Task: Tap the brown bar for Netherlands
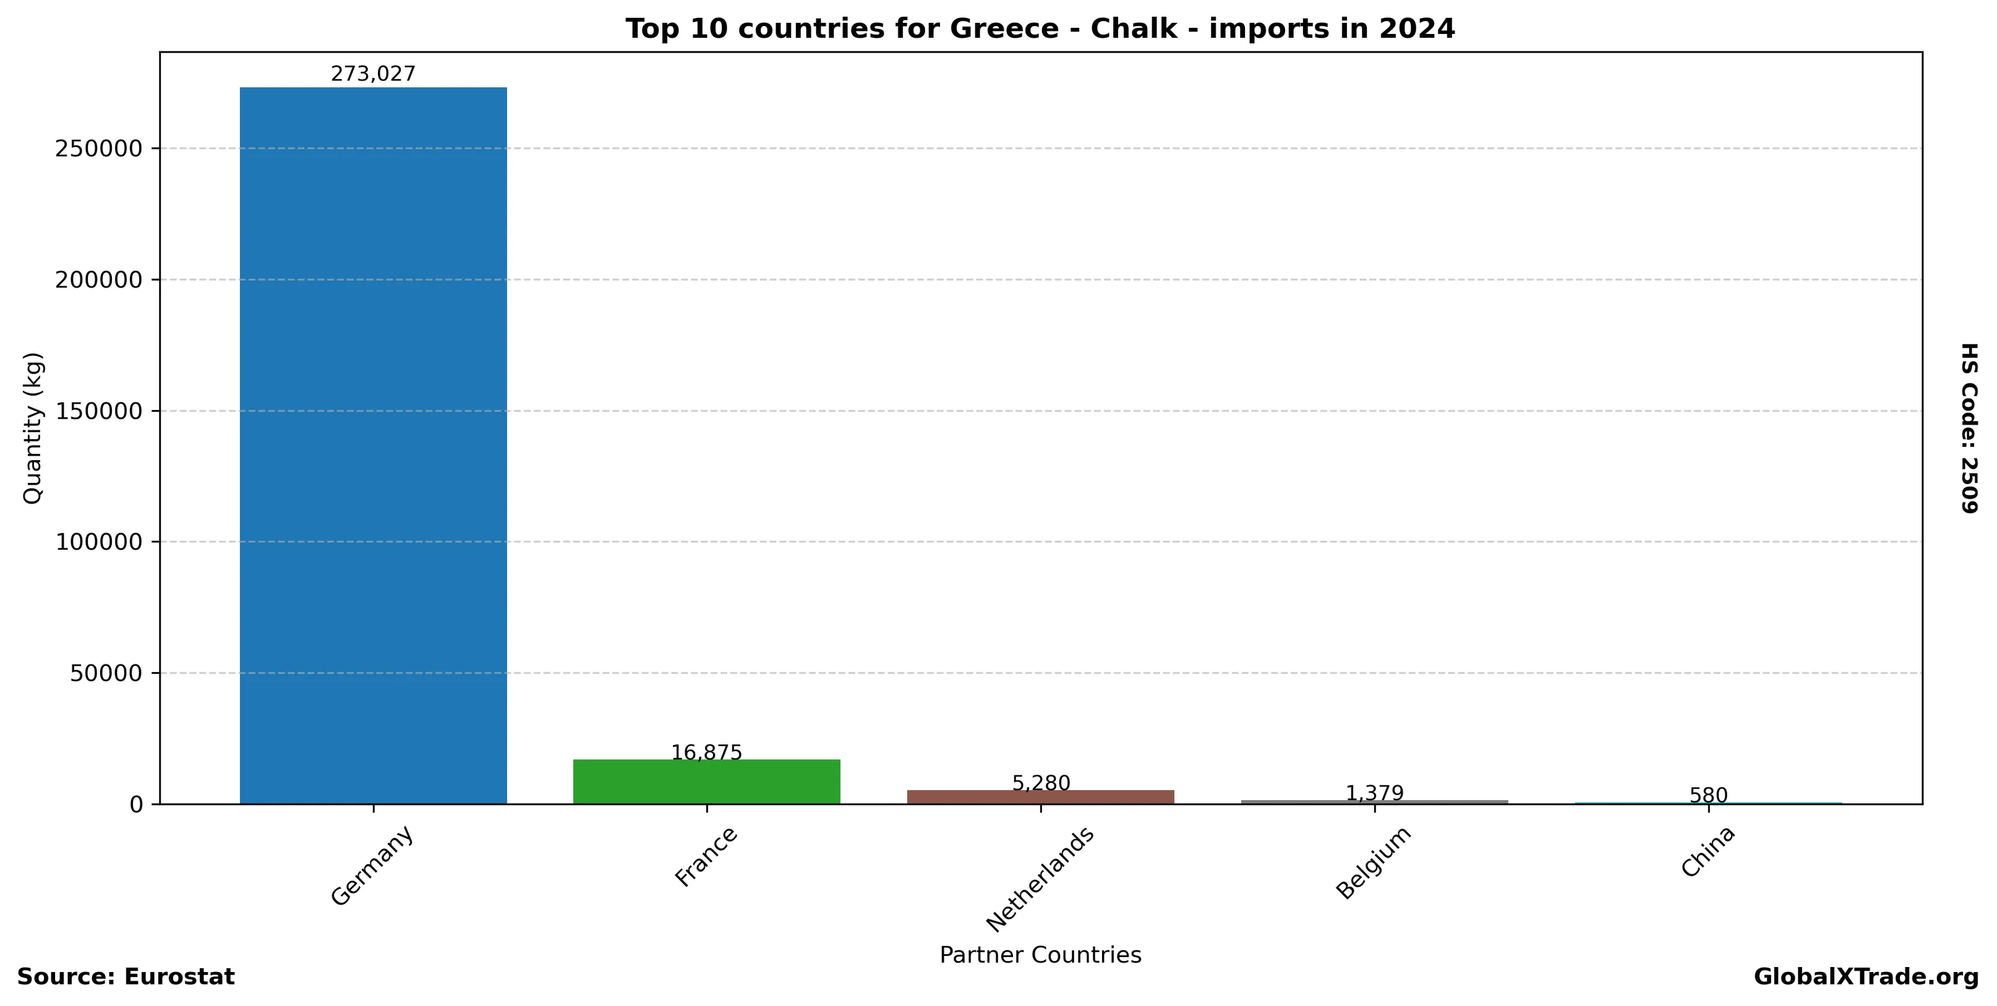pyautogui.click(x=1040, y=797)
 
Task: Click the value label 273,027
pyautogui.click(x=373, y=74)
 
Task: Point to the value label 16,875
pyautogui.click(x=706, y=752)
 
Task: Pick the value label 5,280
pyautogui.click(x=1040, y=783)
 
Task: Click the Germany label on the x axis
pyautogui.click(x=372, y=865)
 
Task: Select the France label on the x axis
pyautogui.click(x=706, y=856)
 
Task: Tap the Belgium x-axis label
pyautogui.click(x=1373, y=863)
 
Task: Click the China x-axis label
pyautogui.click(x=1707, y=852)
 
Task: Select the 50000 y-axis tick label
pyautogui.click(x=107, y=673)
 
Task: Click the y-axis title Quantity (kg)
pyautogui.click(x=33, y=428)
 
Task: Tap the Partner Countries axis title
pyautogui.click(x=1040, y=955)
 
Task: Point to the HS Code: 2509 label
pyautogui.click(x=1970, y=428)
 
